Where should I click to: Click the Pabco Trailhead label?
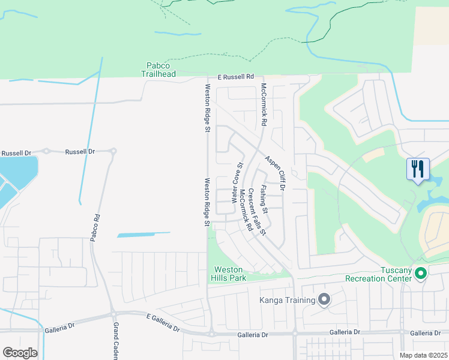pyautogui.click(x=158, y=70)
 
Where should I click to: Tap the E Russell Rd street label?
pyautogui.click(x=236, y=77)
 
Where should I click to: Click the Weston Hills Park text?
pyautogui.click(x=228, y=274)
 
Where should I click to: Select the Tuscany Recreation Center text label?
pyautogui.click(x=378, y=274)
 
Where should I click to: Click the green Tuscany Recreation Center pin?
pyautogui.click(x=421, y=274)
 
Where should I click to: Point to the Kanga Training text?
pyautogui.click(x=287, y=300)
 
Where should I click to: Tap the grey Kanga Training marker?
pyautogui.click(x=325, y=299)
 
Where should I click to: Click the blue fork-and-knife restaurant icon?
pyautogui.click(x=418, y=169)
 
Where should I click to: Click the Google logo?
pyautogui.click(x=20, y=353)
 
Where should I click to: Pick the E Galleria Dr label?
pyautogui.click(x=163, y=322)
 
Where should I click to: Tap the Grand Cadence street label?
pyautogui.click(x=116, y=341)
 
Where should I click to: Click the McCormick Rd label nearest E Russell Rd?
pyautogui.click(x=264, y=104)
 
